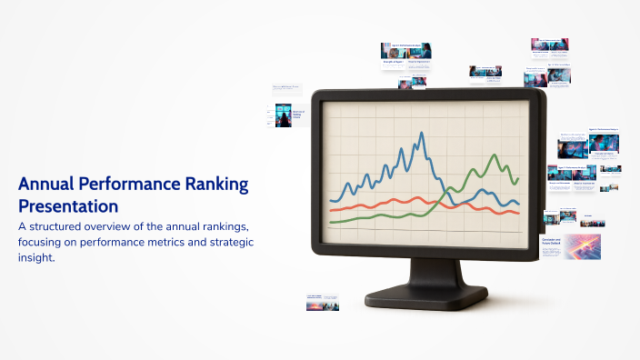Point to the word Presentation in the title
68,205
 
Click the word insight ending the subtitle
39,258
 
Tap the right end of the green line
518,179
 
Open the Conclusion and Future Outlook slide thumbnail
570,246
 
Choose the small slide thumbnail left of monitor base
322,302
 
